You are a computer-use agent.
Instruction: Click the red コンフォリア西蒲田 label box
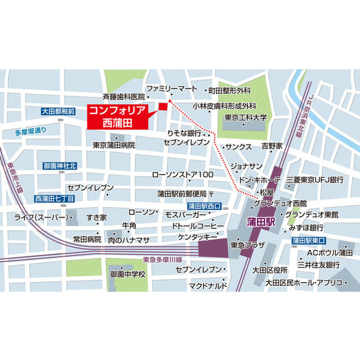[117, 117]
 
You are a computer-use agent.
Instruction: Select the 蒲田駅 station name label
[260, 222]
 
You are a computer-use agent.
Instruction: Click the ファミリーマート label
[171, 89]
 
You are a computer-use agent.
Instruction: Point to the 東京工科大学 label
[245, 117]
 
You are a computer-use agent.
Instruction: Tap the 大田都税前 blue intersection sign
[58, 112]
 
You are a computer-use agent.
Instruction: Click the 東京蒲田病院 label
[114, 145]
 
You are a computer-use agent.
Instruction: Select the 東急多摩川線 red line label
[163, 260]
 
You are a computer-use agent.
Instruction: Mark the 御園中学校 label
[128, 274]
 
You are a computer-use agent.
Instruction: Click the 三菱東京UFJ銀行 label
[314, 179]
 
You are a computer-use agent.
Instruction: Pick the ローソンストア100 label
[183, 175]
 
